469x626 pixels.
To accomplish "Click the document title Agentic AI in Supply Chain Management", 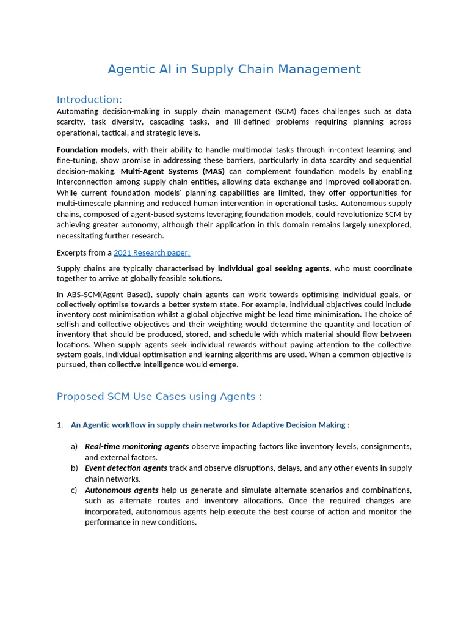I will (234, 69).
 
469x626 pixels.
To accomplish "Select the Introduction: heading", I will (89, 100).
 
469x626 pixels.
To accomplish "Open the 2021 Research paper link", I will (152, 252).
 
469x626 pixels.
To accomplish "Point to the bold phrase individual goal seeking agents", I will (273, 268).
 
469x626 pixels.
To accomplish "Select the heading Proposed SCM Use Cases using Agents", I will (159, 396).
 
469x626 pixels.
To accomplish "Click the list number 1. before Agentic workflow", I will (60, 425).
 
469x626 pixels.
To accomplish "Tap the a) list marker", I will (74, 446).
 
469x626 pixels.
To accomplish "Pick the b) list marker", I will (74, 468).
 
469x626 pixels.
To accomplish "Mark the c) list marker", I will (74, 490).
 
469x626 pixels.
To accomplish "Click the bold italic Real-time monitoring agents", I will (137, 446).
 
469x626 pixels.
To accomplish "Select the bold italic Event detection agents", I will (126, 468).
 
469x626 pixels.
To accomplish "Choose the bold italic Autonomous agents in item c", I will (122, 490).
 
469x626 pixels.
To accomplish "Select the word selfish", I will (68, 324).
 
